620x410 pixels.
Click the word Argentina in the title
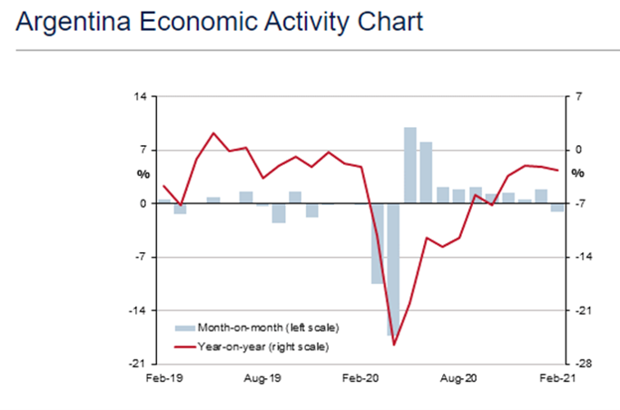pyautogui.click(x=74, y=22)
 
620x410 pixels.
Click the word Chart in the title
pyautogui.click(x=389, y=22)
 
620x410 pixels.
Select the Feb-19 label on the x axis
pyautogui.click(x=164, y=378)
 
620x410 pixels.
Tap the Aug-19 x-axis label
pyautogui.click(x=262, y=378)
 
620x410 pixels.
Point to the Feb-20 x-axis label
pyautogui.click(x=360, y=378)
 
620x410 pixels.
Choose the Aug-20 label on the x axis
pyautogui.click(x=458, y=378)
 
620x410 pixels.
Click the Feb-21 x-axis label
pyautogui.click(x=557, y=378)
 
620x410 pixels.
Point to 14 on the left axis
pyautogui.click(x=140, y=96)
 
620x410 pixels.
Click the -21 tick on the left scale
pyautogui.click(x=137, y=364)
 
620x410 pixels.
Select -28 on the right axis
pyautogui.click(x=583, y=364)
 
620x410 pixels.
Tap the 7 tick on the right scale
pyautogui.click(x=578, y=96)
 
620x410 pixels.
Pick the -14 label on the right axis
pyautogui.click(x=583, y=257)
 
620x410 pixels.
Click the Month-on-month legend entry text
pyautogui.click(x=268, y=327)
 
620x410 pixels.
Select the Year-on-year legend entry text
pyautogui.click(x=263, y=347)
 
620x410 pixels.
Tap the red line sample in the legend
pyautogui.click(x=185, y=347)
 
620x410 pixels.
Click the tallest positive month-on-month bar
pyautogui.click(x=410, y=165)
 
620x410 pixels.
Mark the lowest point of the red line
pyautogui.click(x=394, y=345)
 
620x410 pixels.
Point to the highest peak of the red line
pyautogui.click(x=213, y=133)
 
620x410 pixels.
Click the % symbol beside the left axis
pyautogui.click(x=143, y=174)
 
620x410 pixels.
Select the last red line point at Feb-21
pyautogui.click(x=557, y=171)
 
